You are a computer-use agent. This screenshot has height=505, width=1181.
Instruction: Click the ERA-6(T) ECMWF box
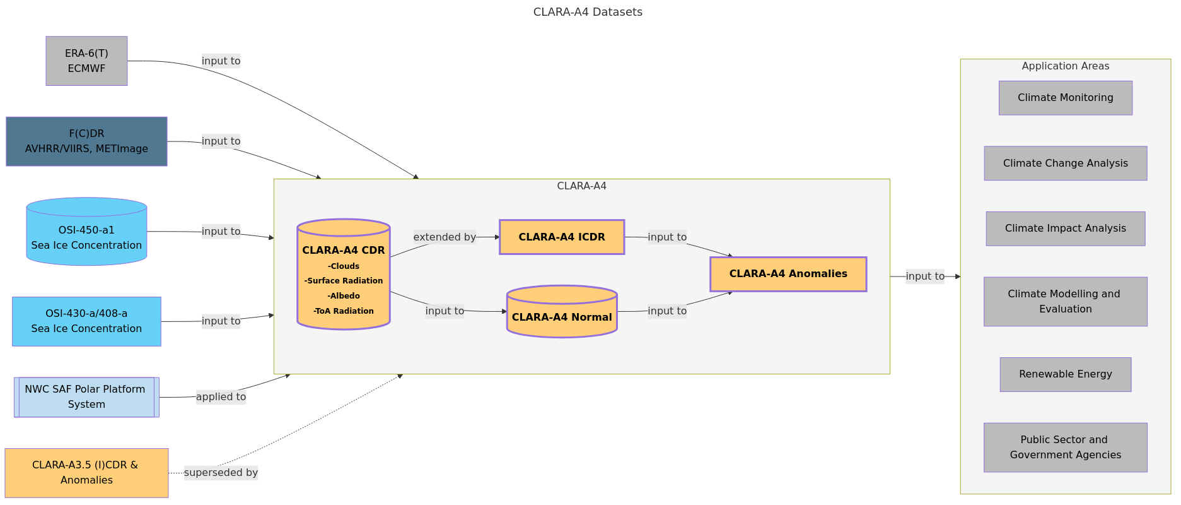tap(86, 61)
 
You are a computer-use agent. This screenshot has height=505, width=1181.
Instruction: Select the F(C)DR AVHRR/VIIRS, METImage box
tap(86, 141)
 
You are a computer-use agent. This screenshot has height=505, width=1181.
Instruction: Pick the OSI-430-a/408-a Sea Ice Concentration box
tap(86, 321)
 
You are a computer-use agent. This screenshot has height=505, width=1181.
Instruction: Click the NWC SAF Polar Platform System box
tap(86, 397)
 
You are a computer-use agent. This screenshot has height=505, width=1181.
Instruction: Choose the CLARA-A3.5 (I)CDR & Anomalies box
tap(86, 473)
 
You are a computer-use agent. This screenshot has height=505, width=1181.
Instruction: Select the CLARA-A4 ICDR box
tap(562, 237)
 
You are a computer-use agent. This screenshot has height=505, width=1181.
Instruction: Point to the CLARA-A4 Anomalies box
tap(788, 274)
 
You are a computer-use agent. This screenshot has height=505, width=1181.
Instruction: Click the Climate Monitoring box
tap(1066, 98)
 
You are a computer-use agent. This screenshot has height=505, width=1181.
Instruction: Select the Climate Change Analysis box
tap(1066, 163)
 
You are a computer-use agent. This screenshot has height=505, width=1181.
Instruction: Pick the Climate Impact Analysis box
tap(1066, 229)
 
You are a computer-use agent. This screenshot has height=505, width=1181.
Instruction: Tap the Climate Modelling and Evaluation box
tap(1066, 302)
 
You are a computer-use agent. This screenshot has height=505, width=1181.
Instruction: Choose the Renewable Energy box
tap(1066, 374)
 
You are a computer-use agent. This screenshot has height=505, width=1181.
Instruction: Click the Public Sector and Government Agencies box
tap(1066, 448)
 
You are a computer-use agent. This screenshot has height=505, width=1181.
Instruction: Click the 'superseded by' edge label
tap(221, 473)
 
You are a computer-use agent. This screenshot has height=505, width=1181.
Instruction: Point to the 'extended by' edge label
tap(445, 237)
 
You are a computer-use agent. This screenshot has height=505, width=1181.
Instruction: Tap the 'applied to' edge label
tap(221, 397)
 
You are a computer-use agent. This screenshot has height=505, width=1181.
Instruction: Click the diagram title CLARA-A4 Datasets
tap(588, 12)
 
